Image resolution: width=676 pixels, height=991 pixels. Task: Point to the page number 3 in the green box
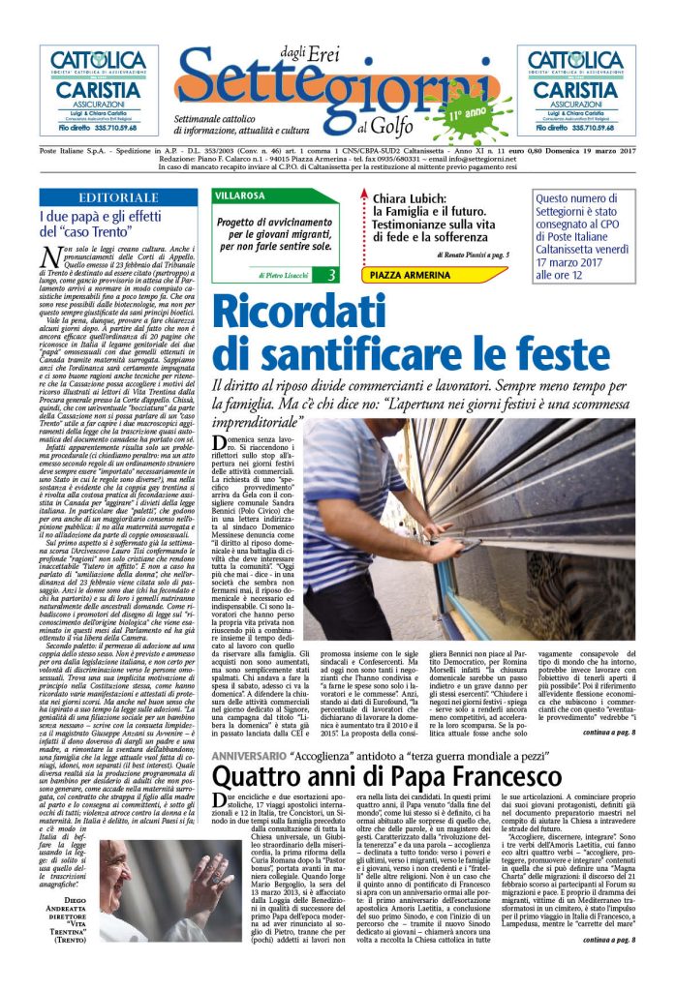[331, 275]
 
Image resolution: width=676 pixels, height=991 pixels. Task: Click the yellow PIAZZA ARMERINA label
[412, 275]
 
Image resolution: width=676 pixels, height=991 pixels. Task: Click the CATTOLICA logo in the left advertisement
[99, 62]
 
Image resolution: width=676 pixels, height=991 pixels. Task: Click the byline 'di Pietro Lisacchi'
[280, 276]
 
